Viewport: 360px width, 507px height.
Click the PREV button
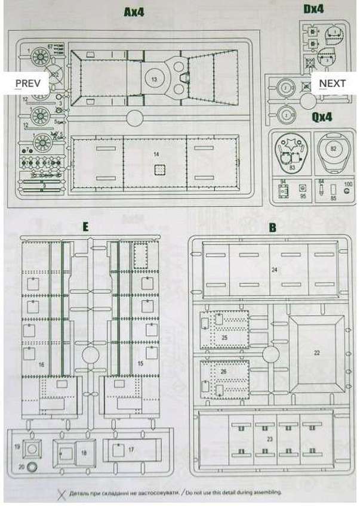27,84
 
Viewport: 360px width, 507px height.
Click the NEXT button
332,84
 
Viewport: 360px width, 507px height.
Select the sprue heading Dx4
313,9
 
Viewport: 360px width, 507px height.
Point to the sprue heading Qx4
322,117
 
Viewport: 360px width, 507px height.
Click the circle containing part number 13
154,78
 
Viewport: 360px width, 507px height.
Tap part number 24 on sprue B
275,270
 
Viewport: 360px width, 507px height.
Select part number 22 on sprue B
317,353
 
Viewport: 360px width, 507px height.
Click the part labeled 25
224,338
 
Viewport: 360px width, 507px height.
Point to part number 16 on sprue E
41,363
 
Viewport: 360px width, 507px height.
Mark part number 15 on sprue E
141,363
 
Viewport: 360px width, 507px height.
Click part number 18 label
84,453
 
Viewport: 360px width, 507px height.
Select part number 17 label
131,449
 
